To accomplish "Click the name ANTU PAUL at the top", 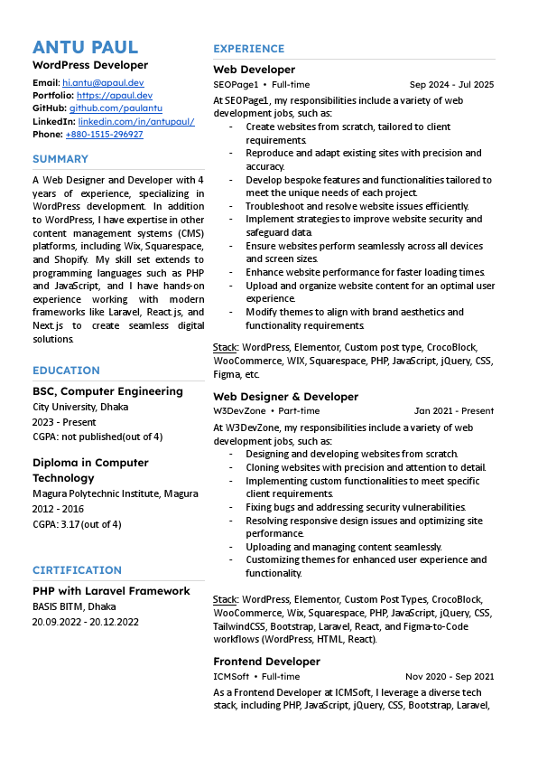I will [86, 47].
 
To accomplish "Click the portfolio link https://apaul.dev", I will [115, 95].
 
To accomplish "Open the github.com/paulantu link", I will [116, 108].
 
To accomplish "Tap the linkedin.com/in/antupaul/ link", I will [136, 121].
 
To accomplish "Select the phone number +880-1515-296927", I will [104, 134].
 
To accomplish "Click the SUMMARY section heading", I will [60, 159].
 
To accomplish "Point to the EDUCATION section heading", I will [66, 371].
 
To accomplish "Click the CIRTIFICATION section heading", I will [77, 570].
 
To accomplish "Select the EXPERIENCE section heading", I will [248, 49].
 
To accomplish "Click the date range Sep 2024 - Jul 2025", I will [451, 85].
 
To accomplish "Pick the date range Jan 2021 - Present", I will [454, 411].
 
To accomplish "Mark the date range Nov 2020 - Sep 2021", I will [450, 676].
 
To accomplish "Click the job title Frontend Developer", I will [266, 662].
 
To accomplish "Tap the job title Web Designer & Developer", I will [285, 397].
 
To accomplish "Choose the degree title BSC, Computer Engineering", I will [107, 391].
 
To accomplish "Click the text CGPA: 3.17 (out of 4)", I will [77, 524].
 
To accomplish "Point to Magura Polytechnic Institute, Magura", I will [116, 494].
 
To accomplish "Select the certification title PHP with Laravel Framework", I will [111, 591].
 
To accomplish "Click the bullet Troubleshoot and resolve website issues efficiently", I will [357, 206].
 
